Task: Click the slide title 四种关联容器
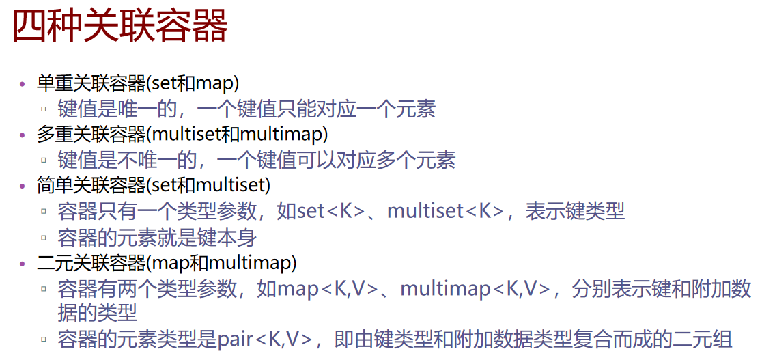pos(120,27)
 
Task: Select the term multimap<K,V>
pos(475,288)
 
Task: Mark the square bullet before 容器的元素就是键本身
pos(44,238)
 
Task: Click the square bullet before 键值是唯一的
pos(44,110)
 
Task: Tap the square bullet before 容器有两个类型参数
pos(44,289)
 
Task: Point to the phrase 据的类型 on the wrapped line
pos(98,313)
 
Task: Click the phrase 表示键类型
pos(575,212)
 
